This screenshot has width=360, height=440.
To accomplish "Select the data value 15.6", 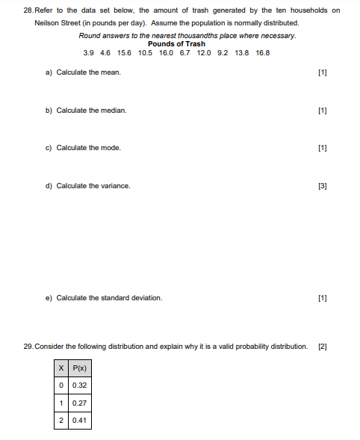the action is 124,53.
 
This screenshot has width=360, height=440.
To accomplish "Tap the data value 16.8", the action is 262,53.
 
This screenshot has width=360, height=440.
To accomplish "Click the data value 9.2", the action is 223,53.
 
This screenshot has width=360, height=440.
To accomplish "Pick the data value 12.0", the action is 204,53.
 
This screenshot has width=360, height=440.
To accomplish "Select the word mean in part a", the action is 111,72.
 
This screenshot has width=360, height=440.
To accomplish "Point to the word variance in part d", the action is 116,185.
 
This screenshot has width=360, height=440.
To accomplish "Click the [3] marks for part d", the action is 322,185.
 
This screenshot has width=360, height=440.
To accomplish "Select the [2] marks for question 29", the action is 322,347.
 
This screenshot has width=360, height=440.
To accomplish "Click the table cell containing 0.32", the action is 80,385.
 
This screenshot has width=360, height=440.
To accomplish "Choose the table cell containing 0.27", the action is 80,403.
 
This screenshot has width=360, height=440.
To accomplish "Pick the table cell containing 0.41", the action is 80,420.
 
